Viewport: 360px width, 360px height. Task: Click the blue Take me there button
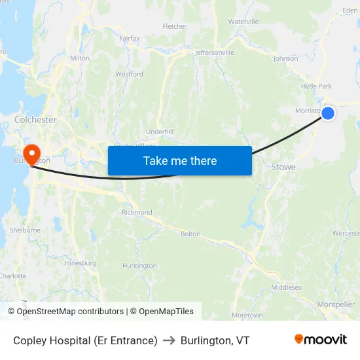coord(179,160)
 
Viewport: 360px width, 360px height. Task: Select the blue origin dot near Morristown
coord(328,113)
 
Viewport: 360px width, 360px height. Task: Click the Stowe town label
coord(283,167)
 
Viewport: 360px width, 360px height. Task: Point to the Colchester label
coord(35,120)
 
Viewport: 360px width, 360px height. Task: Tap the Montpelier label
coord(336,304)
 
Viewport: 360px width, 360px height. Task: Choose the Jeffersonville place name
coord(215,52)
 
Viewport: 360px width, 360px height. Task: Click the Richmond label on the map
coord(137,212)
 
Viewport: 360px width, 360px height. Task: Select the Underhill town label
coord(160,132)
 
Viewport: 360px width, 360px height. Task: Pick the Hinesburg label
coord(81,263)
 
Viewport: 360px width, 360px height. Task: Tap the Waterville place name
coord(243,22)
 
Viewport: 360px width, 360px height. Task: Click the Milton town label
coord(79,58)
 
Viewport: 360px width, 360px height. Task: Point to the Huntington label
coord(139,266)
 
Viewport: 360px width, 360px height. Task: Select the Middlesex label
coord(287,287)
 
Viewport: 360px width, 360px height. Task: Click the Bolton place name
coord(190,234)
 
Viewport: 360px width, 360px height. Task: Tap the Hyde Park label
coord(317,86)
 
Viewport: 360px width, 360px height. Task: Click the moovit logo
coord(321,339)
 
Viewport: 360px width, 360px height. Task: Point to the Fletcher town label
coord(175,27)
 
